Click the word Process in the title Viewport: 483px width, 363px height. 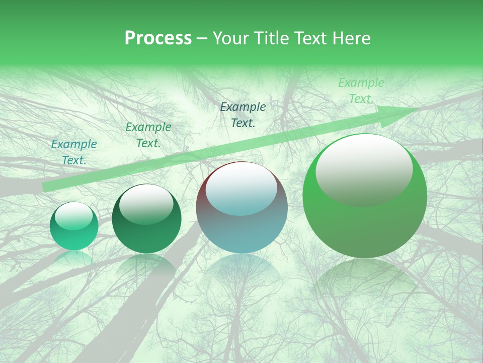(x=158, y=38)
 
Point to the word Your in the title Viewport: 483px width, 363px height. (x=232, y=38)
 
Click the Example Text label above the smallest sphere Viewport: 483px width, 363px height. (x=74, y=152)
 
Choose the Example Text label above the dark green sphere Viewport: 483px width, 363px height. (x=148, y=135)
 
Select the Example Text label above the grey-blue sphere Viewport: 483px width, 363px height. (x=243, y=114)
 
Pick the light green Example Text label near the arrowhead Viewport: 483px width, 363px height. (x=361, y=91)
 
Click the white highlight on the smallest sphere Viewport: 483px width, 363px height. (x=74, y=216)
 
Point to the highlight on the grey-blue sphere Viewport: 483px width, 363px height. (x=241, y=189)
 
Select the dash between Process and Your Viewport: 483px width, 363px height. (x=202, y=38)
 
